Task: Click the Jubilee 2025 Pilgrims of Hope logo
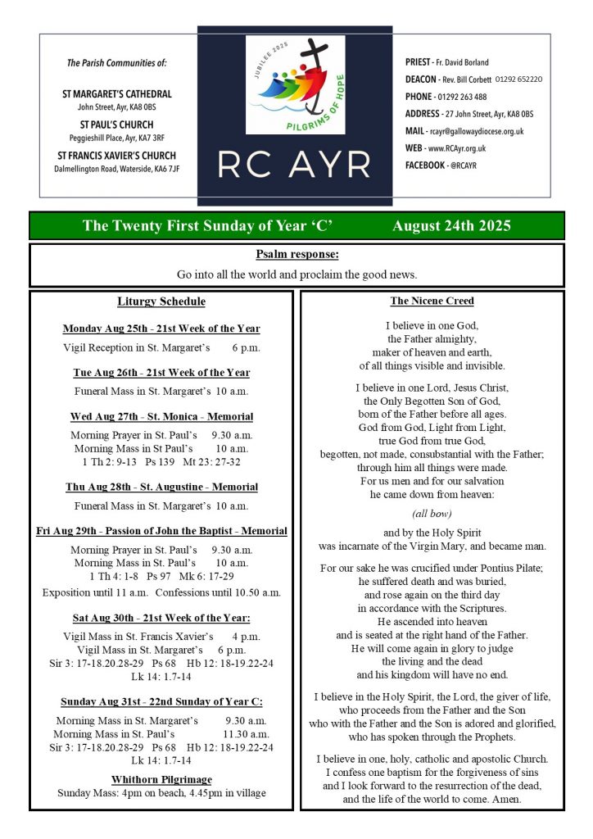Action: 295,86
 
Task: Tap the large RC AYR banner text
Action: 295,166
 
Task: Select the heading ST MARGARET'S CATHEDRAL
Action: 117,94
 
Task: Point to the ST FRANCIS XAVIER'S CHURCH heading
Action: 117,156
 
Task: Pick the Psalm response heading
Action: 296,255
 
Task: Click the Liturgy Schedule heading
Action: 161,302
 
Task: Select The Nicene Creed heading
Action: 432,302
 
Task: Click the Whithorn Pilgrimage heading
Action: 161,779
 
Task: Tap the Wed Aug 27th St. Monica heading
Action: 161,417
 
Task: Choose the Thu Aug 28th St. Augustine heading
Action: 161,488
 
